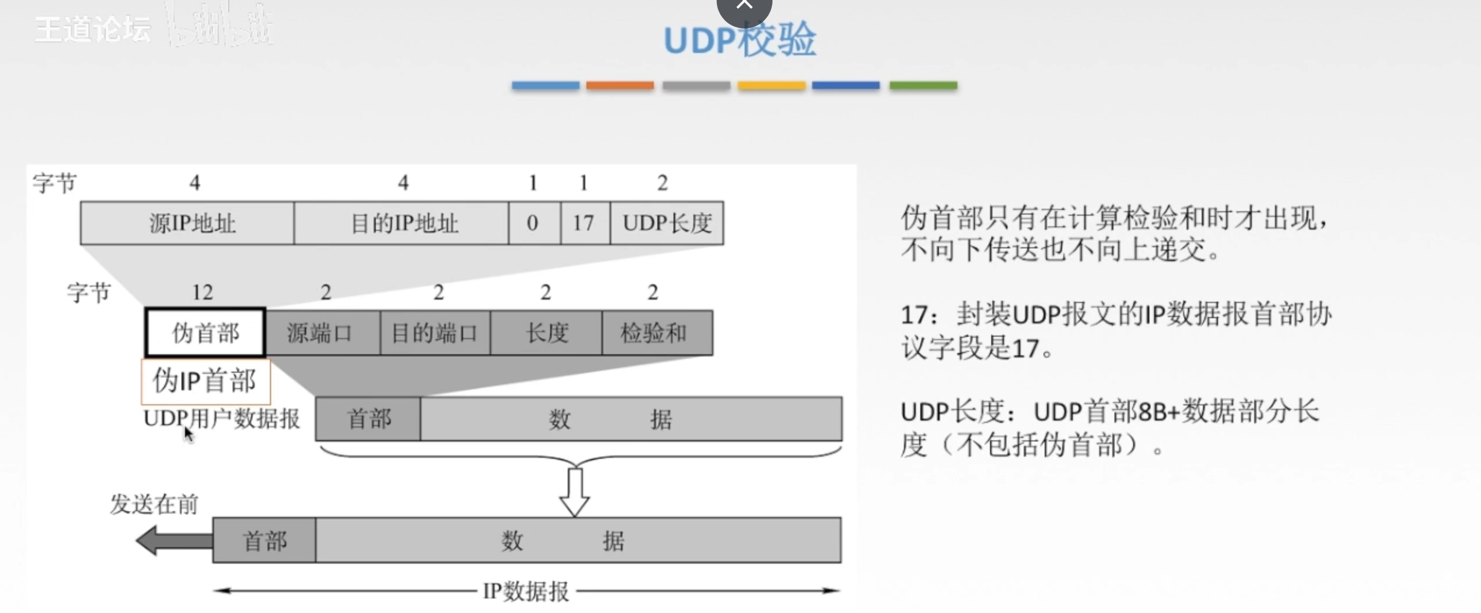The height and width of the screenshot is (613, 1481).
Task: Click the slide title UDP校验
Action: point(739,41)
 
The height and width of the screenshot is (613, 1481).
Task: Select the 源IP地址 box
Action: point(187,223)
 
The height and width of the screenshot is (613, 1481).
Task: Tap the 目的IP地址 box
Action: point(401,223)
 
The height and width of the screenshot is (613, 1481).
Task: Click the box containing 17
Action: point(585,223)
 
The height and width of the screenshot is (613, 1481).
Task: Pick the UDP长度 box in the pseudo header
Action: point(667,223)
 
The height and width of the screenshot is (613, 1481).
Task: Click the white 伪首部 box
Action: point(205,333)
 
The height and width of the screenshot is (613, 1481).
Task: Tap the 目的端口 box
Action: point(435,333)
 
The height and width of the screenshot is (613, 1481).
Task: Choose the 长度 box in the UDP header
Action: point(546,333)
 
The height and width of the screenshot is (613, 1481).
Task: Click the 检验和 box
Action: point(657,333)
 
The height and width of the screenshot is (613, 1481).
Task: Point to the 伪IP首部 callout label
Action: point(205,381)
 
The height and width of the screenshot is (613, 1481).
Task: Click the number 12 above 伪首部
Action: point(202,292)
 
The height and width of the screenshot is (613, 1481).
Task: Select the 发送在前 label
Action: point(154,504)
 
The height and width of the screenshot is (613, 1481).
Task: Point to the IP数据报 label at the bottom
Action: point(526,591)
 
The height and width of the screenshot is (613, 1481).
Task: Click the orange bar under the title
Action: point(620,85)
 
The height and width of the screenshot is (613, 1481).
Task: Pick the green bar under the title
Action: point(923,85)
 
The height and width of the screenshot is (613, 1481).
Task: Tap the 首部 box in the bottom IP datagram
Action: point(264,540)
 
